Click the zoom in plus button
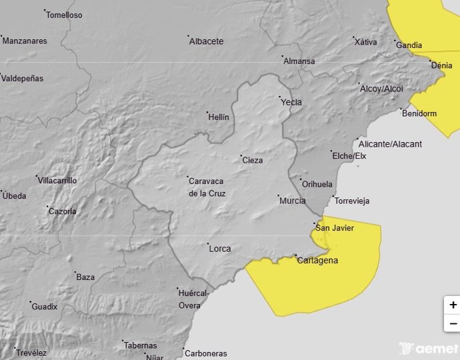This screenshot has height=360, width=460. tap(453, 305)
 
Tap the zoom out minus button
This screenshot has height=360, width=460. tap(453, 324)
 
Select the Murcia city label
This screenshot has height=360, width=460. tap(292, 201)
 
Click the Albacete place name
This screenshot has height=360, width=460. tap(206, 41)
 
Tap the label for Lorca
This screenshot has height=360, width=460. tap(220, 249)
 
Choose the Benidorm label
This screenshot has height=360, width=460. tap(419, 113)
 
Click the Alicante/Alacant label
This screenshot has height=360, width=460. tap(390, 144)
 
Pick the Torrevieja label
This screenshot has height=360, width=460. tap(352, 201)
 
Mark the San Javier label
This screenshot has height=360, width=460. tap(334, 228)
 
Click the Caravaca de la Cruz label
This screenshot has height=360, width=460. tap(207, 187)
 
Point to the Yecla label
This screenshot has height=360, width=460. tap(291, 103)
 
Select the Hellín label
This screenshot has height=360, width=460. tap(219, 117)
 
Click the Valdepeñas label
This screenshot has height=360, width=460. tap(22, 79)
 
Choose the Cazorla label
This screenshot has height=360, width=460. tap(62, 212)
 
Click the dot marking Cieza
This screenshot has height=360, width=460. tap(241, 156)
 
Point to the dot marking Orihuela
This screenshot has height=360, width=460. tap(300, 179)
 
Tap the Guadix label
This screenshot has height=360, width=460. tap(45, 307)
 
